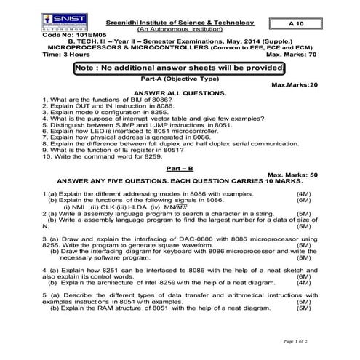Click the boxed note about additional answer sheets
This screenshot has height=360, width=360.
pyautogui.click(x=179, y=68)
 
